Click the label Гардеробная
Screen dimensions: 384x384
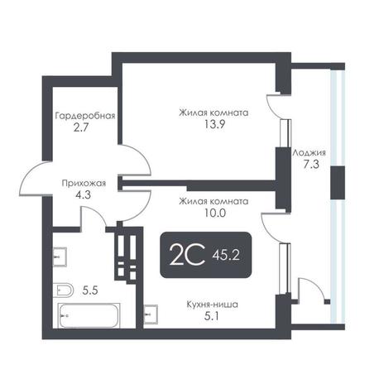pyautogui.click(x=85, y=116)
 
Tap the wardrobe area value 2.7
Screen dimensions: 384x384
pyautogui.click(x=80, y=128)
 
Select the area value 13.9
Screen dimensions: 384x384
pyautogui.click(x=214, y=125)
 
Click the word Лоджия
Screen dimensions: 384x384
pyautogui.click(x=309, y=152)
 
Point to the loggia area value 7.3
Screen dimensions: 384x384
pyautogui.click(x=311, y=165)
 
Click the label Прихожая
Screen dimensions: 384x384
pyautogui.click(x=84, y=183)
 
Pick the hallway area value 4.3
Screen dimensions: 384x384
pyautogui.click(x=83, y=195)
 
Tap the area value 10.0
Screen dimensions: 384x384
pyautogui.click(x=214, y=213)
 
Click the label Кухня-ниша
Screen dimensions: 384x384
pyautogui.click(x=212, y=305)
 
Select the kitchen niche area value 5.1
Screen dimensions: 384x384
pyautogui.click(x=211, y=316)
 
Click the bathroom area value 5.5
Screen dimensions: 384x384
pyautogui.click(x=90, y=290)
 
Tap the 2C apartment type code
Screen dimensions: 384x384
pyautogui.click(x=187, y=254)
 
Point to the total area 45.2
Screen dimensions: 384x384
pyautogui.click(x=225, y=257)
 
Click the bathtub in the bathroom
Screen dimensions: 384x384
pyautogui.click(x=89, y=315)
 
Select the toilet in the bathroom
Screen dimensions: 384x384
pyautogui.click(x=63, y=290)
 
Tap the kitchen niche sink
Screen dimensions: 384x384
pyautogui.click(x=151, y=314)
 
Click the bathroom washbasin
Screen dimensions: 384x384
pyautogui.click(x=60, y=257)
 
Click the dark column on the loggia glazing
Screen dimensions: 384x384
pyautogui.click(x=338, y=183)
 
